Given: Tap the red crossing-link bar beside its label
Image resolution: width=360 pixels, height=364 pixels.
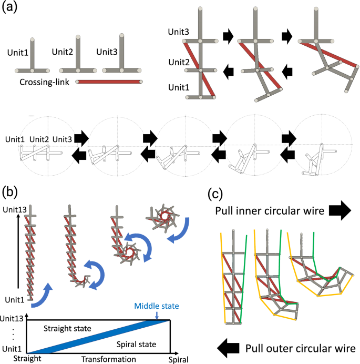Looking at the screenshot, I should [109, 82].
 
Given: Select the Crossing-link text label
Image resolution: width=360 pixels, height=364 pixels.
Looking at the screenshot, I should [45, 82].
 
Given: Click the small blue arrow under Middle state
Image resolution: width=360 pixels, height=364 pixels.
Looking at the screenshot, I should [157, 314].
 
